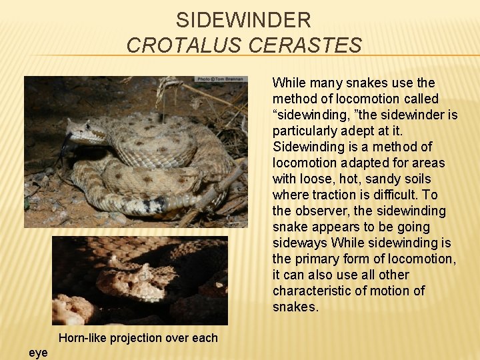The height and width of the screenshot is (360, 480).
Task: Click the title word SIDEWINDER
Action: click(243, 20)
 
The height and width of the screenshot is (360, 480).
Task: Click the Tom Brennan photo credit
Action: click(221, 79)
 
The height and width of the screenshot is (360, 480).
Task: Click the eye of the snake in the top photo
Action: click(86, 131)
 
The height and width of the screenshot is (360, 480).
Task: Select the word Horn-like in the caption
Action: click(83, 338)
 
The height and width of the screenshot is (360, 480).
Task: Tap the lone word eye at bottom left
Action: click(38, 353)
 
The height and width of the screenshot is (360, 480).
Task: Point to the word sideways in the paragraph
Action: click(299, 243)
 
